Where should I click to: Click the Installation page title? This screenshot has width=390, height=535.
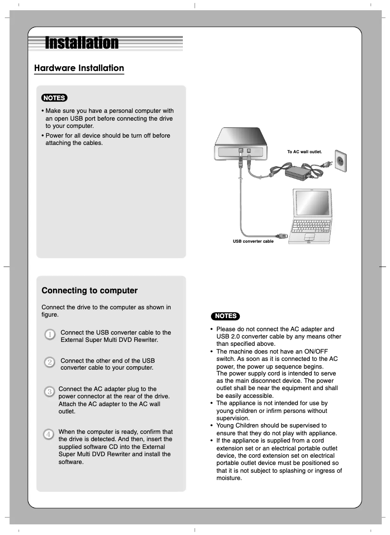tap(82, 43)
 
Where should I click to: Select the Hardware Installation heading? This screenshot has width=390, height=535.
tap(79, 68)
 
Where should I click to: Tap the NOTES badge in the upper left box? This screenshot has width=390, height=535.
tap(54, 98)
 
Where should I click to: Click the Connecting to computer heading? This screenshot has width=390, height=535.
tap(89, 291)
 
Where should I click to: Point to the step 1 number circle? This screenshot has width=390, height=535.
tap(49, 335)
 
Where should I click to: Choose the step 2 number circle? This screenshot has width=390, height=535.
tap(49, 363)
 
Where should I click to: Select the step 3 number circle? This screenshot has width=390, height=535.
tap(49, 392)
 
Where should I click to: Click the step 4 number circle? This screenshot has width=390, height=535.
tap(49, 434)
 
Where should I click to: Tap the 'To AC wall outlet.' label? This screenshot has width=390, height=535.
tap(304, 152)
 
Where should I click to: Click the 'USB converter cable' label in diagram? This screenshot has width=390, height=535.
tap(253, 241)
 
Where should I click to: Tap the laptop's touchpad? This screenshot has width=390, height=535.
tap(309, 237)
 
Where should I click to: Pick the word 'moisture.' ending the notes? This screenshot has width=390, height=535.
tap(229, 478)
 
